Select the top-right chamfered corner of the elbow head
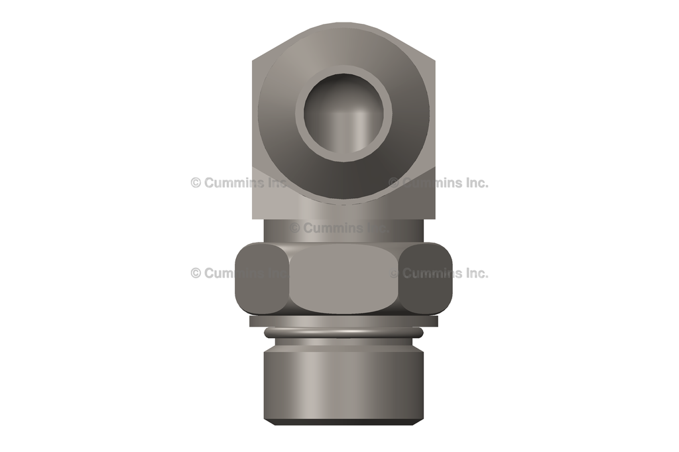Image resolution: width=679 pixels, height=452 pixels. [421, 44]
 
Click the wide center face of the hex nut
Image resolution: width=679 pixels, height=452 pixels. [343, 280]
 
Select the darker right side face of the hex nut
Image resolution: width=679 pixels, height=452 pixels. [428, 278]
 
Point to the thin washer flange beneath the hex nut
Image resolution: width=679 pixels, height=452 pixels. [343, 321]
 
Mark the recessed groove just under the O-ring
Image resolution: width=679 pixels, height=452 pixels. [343, 341]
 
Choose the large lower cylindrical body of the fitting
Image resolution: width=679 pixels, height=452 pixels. [343, 384]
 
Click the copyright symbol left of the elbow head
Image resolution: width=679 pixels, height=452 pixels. [196, 182]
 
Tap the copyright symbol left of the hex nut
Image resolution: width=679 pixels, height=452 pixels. [196, 273]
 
